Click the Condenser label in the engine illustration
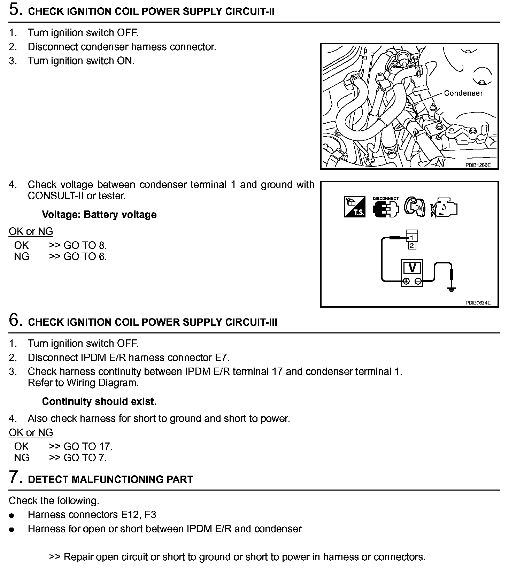(463, 93)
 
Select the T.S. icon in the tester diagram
(355, 207)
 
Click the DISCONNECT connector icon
(385, 208)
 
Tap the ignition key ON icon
(415, 207)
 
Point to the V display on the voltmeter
(412, 268)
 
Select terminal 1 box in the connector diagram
(412, 238)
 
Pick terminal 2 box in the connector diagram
(412, 245)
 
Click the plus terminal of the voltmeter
(406, 281)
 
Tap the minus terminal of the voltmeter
(418, 281)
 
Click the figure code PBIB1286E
(478, 165)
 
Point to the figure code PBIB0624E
(478, 303)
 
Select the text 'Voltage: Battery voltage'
(99, 214)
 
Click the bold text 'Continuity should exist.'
(99, 401)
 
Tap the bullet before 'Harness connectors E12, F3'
(12, 515)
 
